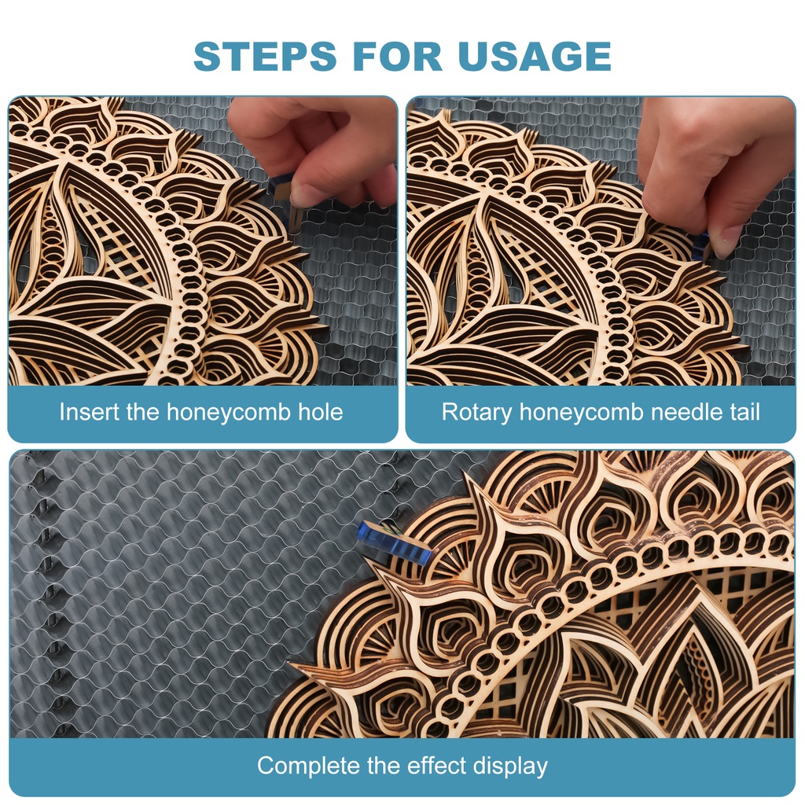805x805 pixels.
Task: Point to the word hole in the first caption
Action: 321,412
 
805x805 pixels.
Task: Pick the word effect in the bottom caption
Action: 436,765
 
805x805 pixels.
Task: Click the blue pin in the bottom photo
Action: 395,542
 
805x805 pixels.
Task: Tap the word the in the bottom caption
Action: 384,765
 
